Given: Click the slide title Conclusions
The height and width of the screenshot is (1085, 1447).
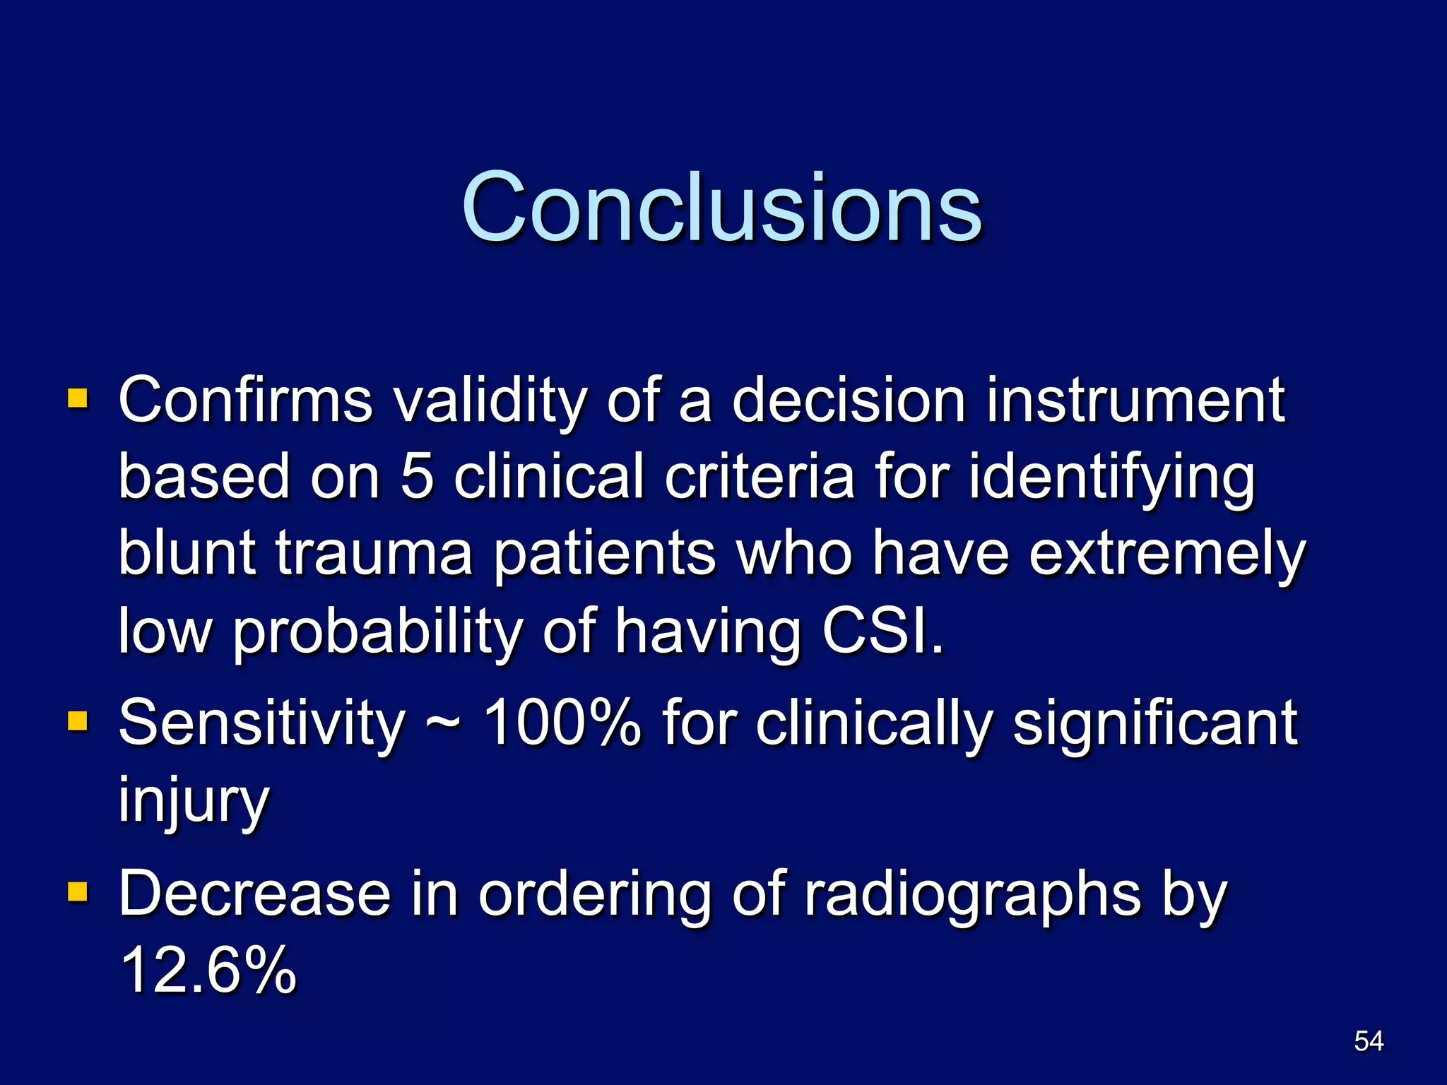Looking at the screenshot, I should point(721,208).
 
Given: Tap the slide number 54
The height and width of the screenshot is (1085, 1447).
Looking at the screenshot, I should point(1369,1041).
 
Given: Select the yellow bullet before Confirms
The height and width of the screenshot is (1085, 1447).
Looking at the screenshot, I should point(77,398).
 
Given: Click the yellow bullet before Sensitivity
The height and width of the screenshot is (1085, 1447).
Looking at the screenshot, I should point(77,721).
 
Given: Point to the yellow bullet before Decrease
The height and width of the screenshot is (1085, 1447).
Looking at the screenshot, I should point(77,892).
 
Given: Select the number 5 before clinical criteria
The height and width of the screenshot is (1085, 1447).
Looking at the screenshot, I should point(417,477).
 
